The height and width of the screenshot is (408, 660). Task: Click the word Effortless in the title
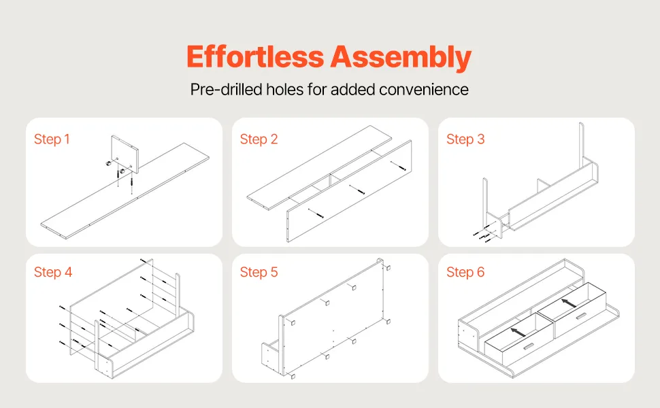[255, 56]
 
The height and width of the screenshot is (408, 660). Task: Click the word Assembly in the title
[401, 57]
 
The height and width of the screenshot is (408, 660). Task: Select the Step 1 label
[52, 139]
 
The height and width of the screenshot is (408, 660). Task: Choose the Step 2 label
[259, 139]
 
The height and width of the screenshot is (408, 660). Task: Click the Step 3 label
[465, 139]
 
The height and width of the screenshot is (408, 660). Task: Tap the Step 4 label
[53, 272]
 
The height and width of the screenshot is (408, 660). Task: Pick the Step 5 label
[259, 272]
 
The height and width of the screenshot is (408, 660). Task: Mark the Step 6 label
[465, 272]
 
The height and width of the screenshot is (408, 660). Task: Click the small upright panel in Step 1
[125, 153]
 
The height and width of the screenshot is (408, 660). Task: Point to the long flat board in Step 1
[125, 191]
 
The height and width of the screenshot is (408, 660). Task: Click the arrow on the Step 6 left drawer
[518, 332]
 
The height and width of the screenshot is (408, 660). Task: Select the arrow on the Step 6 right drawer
[569, 303]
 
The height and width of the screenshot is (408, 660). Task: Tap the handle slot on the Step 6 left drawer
[528, 347]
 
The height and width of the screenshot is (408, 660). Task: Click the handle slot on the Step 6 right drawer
[582, 317]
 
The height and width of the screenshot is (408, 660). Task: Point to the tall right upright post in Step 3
[582, 145]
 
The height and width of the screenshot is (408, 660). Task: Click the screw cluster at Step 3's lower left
[482, 235]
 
